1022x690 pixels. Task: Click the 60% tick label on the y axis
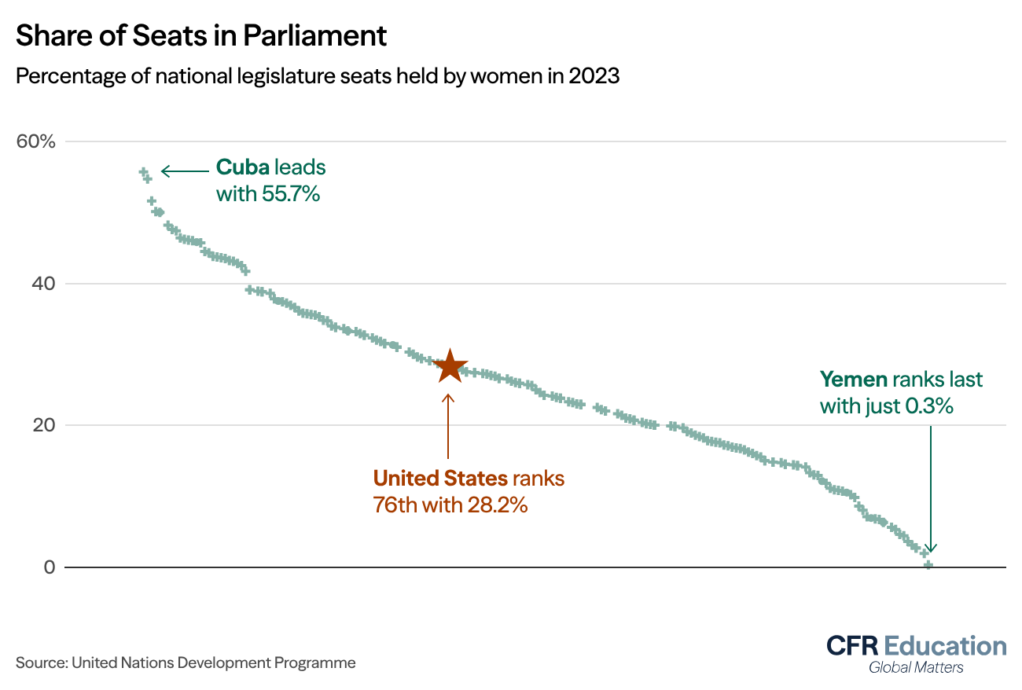point(36,142)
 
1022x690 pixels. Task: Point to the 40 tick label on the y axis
point(42,284)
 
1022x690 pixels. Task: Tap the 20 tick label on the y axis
point(42,425)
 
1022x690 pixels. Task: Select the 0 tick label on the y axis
point(49,567)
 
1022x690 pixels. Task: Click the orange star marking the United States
point(449,365)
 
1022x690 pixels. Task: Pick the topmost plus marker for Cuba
point(143,171)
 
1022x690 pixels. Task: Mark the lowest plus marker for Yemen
point(928,564)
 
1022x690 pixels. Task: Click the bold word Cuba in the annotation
point(243,167)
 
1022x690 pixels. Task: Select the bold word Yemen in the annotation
point(853,380)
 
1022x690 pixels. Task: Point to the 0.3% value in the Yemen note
point(931,406)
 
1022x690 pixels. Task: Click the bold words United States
point(440,478)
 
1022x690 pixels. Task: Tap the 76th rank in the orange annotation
point(395,505)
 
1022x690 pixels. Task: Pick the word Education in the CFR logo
point(945,646)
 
